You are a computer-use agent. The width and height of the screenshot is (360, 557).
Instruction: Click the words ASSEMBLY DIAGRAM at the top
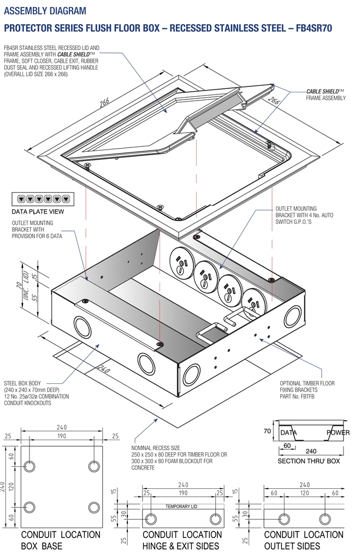(x=44, y=10)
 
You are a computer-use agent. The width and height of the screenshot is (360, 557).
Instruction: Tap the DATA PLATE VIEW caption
(x=38, y=211)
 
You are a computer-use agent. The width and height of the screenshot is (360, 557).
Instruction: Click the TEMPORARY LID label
(x=181, y=506)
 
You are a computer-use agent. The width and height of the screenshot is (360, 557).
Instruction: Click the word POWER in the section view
(x=338, y=432)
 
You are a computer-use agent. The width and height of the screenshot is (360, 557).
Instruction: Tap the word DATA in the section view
(x=288, y=432)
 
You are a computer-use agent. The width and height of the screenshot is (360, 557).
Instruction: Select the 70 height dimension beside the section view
(x=267, y=431)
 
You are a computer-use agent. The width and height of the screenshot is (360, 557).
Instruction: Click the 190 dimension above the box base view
(x=61, y=437)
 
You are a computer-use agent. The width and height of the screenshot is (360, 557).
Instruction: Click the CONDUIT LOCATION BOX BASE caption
(x=60, y=540)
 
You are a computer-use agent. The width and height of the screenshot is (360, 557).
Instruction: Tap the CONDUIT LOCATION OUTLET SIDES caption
(x=303, y=540)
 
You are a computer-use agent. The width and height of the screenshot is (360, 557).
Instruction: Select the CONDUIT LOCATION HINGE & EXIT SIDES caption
(x=182, y=540)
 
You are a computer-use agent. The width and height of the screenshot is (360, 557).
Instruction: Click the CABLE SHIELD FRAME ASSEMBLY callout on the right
(x=326, y=94)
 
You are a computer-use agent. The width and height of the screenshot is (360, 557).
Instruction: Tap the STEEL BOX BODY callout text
(x=36, y=390)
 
